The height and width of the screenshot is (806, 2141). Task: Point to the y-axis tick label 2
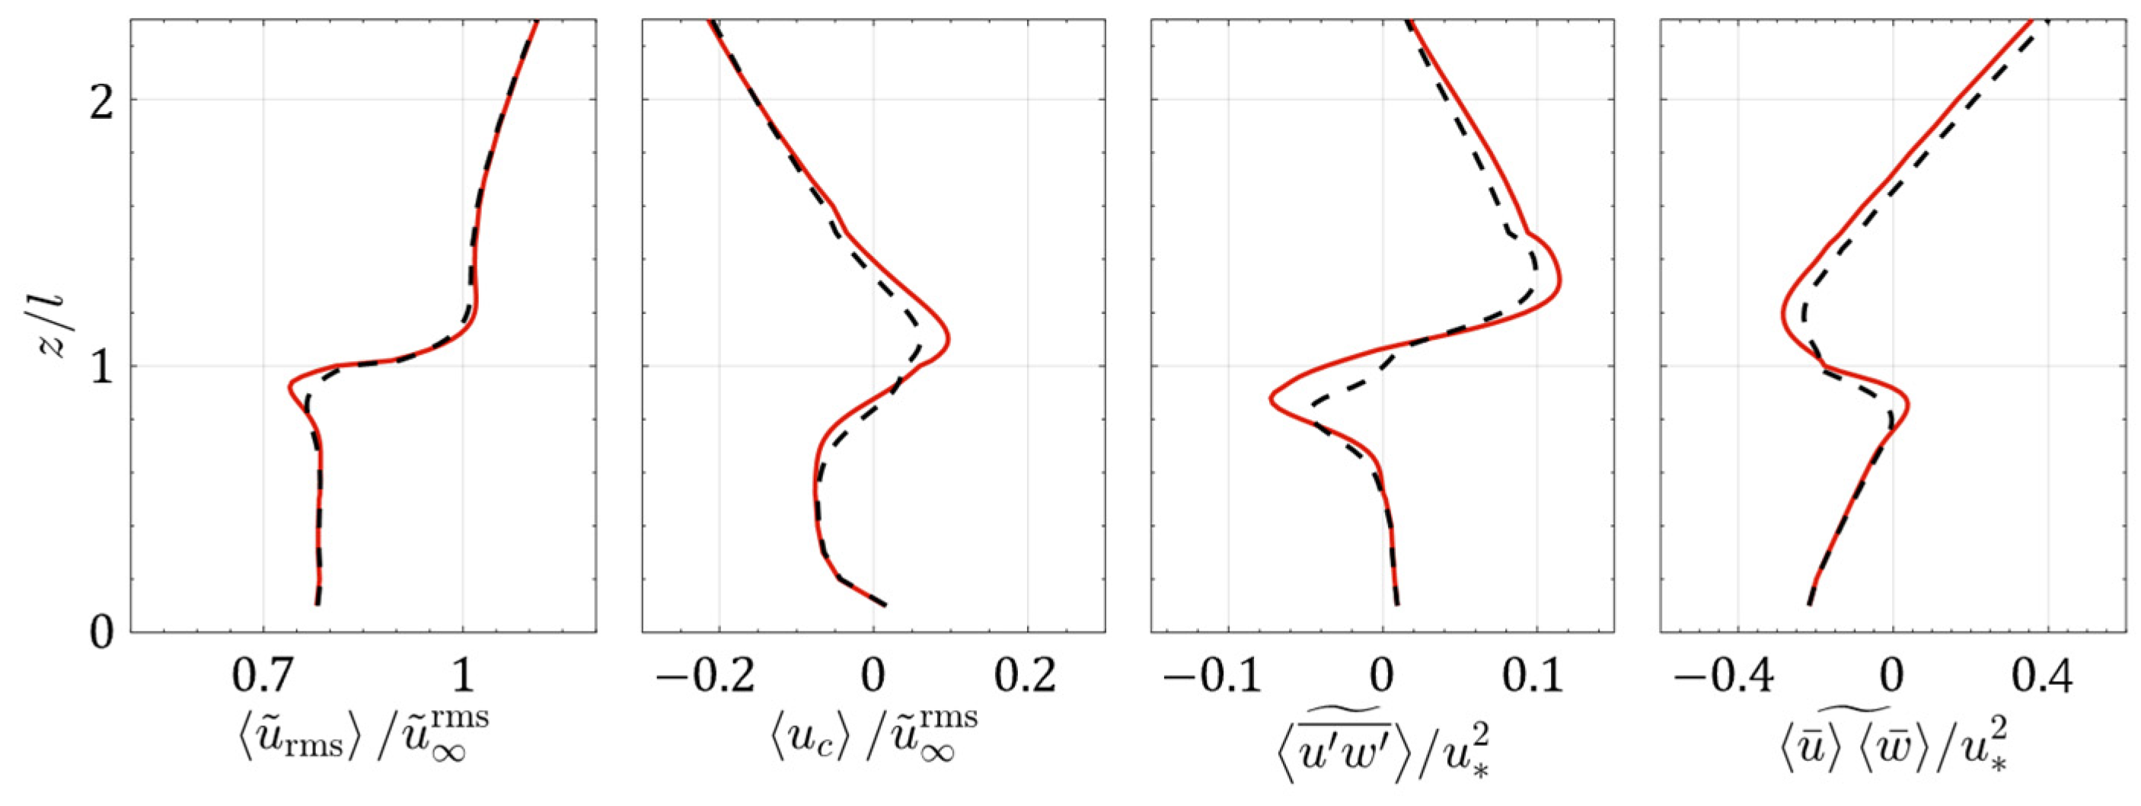pyautogui.click(x=101, y=100)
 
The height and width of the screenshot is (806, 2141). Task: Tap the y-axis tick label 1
pyautogui.click(x=101, y=367)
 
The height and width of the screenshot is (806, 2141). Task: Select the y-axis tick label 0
pyautogui.click(x=101, y=634)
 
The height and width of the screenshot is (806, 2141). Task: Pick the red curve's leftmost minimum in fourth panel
pyautogui.click(x=1783, y=315)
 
